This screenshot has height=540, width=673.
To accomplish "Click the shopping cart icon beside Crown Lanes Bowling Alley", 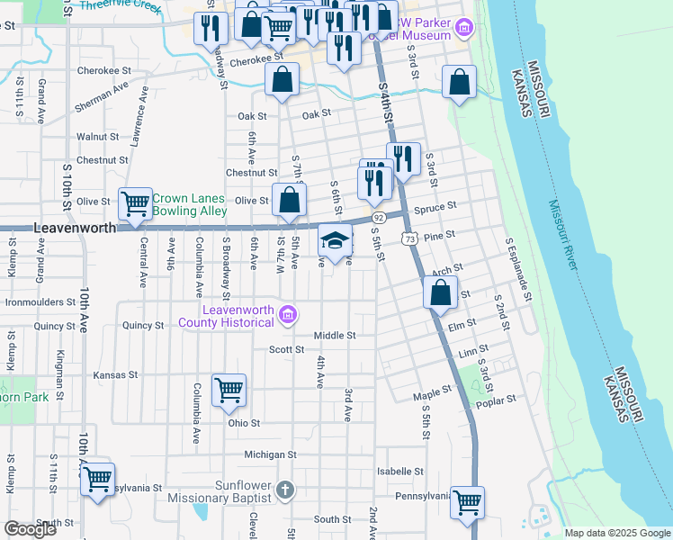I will tap(135, 203).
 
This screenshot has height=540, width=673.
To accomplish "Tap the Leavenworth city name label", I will tap(75, 229).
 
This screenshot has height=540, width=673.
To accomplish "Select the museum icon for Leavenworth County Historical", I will tap(287, 314).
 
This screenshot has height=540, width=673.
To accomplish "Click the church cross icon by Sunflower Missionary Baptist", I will tap(284, 490).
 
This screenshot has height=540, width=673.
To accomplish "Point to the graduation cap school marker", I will tap(335, 241).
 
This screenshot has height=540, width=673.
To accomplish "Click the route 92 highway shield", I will tap(379, 218).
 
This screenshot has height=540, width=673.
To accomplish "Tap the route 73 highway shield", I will tap(409, 238).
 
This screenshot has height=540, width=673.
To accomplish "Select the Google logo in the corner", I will tap(30, 529).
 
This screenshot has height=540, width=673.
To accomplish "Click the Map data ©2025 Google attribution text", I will tap(616, 533).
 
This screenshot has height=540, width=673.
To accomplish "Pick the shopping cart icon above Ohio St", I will tap(229, 390).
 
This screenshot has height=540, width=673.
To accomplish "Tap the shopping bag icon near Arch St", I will tap(440, 292).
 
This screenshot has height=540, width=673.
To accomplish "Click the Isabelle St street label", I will tap(400, 471).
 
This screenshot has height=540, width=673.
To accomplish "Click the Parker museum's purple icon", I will tap(464, 29).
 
